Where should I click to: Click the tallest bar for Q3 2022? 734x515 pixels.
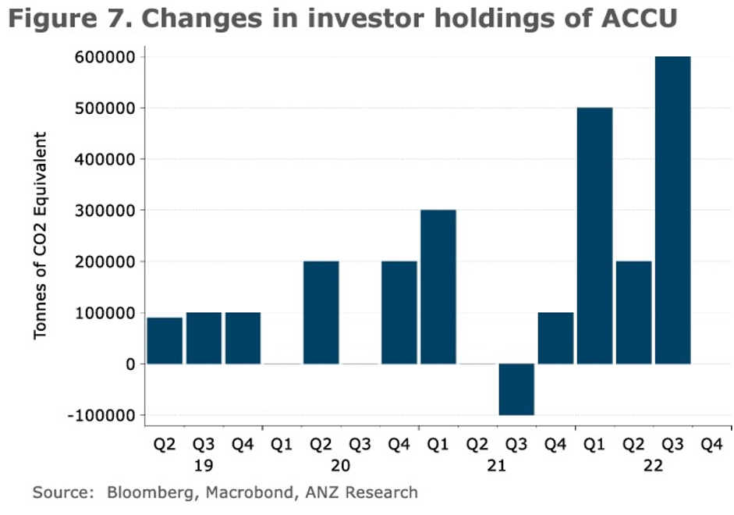(672, 211)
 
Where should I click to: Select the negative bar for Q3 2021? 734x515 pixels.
(516, 389)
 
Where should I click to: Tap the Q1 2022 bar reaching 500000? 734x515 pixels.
(594, 236)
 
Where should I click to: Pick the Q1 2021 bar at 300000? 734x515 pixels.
(438, 287)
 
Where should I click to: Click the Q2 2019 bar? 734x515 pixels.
(165, 341)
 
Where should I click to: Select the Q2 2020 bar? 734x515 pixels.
(321, 312)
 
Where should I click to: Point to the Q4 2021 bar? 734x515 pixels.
(555, 338)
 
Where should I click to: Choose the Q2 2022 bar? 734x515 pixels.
(633, 312)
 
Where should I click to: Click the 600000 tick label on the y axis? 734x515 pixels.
(105, 57)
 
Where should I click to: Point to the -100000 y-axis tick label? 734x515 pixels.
(101, 415)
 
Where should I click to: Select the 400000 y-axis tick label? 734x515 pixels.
(105, 159)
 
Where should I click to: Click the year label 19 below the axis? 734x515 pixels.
(204, 466)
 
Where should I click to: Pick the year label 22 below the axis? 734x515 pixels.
(653, 466)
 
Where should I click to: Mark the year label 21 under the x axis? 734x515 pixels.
(497, 466)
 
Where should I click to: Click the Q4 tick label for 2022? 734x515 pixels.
(711, 446)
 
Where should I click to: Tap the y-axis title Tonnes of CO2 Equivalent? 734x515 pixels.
(41, 236)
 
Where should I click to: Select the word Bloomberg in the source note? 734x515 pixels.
(146, 492)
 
